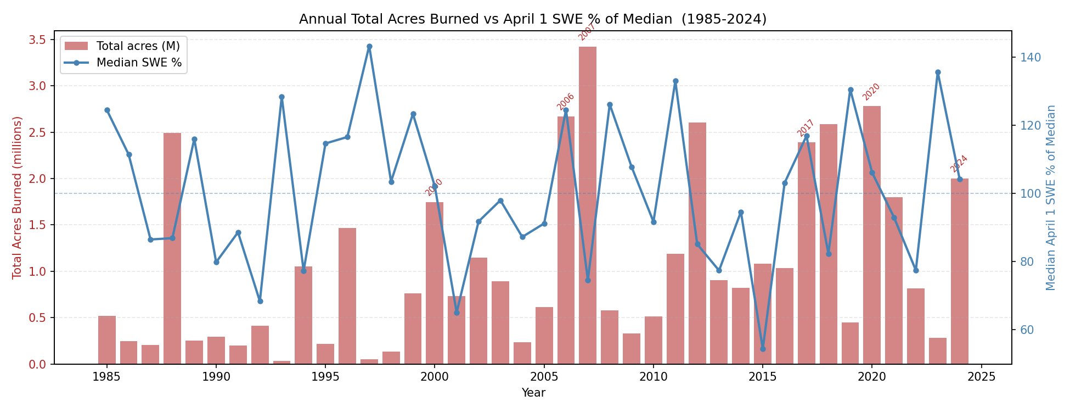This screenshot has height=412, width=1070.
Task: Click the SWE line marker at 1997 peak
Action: coord(369,47)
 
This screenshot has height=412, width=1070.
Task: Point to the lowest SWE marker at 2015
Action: coord(763,349)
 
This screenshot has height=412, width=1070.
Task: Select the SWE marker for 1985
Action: coord(107,110)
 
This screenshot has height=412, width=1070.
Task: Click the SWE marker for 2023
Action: coord(938,73)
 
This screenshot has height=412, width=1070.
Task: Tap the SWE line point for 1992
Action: coord(260,301)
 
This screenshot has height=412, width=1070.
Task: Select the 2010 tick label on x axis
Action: coord(653,377)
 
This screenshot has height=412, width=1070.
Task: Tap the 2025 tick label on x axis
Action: coord(981,377)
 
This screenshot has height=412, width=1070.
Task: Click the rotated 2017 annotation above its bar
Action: coord(806,128)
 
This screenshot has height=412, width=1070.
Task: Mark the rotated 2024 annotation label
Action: coord(959,164)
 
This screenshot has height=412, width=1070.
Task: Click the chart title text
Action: coord(533,19)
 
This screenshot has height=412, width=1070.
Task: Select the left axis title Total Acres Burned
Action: coord(17,197)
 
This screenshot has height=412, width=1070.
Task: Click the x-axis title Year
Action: coord(533,393)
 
